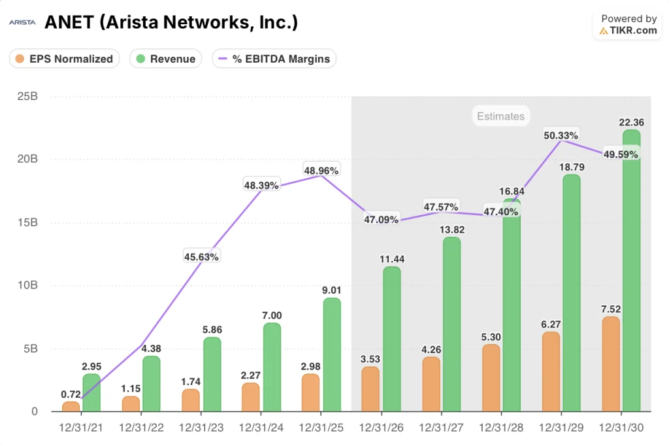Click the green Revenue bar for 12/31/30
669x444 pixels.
pyautogui.click(x=631, y=271)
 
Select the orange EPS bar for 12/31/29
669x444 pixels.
pyautogui.click(x=551, y=372)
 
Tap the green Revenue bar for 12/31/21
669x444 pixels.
pyautogui.click(x=91, y=393)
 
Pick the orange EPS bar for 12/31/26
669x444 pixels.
pyautogui.click(x=370, y=389)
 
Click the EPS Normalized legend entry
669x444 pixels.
pyautogui.click(x=64, y=59)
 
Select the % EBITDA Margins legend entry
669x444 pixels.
pyautogui.click(x=274, y=59)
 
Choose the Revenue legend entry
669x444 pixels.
pyautogui.click(x=166, y=59)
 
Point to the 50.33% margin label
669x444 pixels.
pyautogui.click(x=561, y=135)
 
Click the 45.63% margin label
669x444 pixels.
pyautogui.click(x=201, y=256)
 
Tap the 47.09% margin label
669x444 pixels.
pyautogui.click(x=381, y=219)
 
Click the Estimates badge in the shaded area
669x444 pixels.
pyautogui.click(x=500, y=116)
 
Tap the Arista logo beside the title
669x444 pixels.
pyautogui.click(x=22, y=23)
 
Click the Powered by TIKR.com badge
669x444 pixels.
pyautogui.click(x=628, y=25)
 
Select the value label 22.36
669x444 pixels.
pyautogui.click(x=631, y=121)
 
